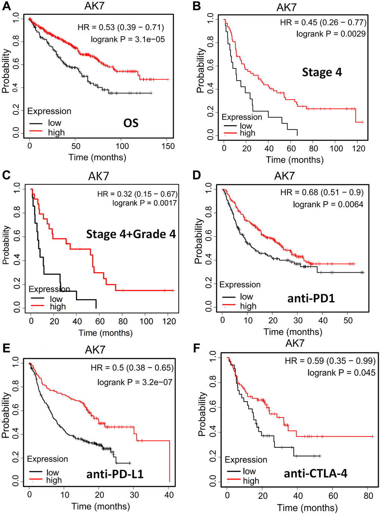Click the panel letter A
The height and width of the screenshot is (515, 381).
(x=6, y=6)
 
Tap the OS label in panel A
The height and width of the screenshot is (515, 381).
(x=131, y=123)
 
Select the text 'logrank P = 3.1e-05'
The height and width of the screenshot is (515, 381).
(x=128, y=39)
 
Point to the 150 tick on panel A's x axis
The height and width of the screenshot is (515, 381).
(x=168, y=146)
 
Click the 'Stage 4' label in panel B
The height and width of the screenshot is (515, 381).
(x=322, y=72)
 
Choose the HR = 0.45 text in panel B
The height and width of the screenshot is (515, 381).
(x=323, y=22)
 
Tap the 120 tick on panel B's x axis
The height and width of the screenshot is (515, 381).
(x=359, y=148)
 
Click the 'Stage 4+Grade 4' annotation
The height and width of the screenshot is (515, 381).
(x=131, y=234)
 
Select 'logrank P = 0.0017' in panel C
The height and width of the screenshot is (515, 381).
(x=145, y=203)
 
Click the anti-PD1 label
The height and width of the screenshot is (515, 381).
(x=311, y=298)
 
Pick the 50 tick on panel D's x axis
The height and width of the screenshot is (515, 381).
(x=348, y=320)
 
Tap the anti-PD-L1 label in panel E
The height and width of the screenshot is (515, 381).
(x=115, y=474)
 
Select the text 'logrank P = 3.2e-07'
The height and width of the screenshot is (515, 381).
(x=135, y=382)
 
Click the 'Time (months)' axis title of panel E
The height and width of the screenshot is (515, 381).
(x=101, y=506)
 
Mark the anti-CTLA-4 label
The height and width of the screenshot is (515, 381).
(x=316, y=474)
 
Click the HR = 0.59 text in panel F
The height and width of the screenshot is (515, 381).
(x=330, y=361)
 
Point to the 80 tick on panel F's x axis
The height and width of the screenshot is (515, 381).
(x=368, y=496)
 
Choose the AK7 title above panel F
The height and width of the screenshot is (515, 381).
(x=295, y=343)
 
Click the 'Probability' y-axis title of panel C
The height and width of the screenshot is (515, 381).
(x=6, y=245)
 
